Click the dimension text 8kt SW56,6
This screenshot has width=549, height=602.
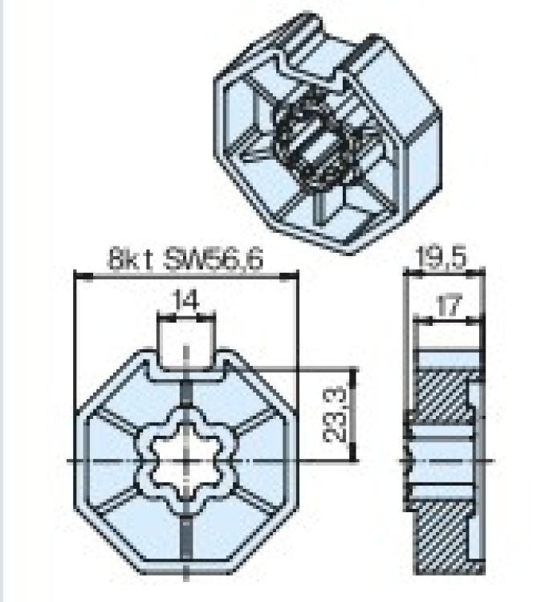[186, 259]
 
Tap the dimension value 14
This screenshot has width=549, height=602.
[186, 301]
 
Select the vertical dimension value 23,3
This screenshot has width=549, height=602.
[334, 415]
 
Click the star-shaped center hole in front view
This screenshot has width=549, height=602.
[186, 460]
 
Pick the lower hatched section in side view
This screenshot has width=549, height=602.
[441, 537]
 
